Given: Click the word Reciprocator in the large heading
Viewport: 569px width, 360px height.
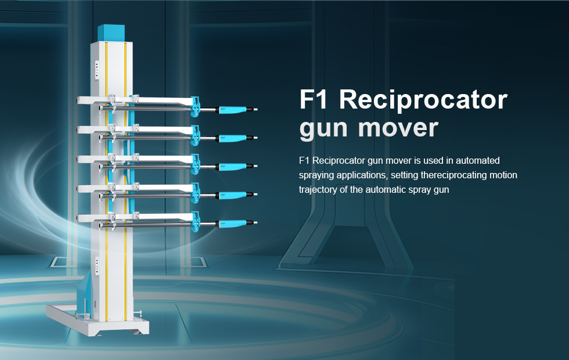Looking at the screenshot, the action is [423, 100].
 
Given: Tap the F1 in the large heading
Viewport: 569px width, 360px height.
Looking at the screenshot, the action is [313, 99].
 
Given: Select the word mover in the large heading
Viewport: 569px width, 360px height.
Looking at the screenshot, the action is [398, 128].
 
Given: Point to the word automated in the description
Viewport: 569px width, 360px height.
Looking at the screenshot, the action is [477, 160].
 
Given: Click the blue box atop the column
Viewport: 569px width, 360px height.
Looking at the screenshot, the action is [111, 34].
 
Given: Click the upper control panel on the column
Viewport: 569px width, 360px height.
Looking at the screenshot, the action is [97, 69].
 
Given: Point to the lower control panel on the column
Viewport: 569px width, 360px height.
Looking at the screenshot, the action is [97, 266].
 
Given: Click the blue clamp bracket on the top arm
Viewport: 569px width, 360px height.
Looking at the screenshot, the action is [195, 107].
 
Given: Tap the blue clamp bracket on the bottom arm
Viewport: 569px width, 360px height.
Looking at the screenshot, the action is [195, 221].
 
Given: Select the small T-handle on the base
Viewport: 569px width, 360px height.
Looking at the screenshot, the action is [138, 314].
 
